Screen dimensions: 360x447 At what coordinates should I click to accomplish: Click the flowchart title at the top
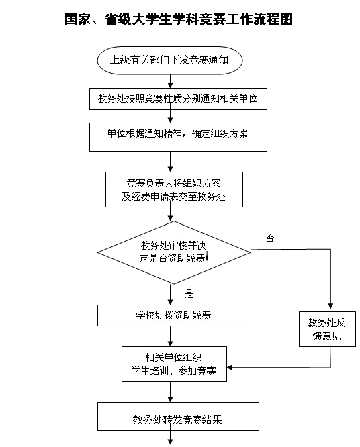point(179,19)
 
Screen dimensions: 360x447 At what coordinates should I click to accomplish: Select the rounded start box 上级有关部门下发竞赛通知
point(170,60)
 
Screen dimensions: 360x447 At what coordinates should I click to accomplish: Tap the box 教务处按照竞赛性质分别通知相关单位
point(178,99)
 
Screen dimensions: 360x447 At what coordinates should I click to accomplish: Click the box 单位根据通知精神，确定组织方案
point(178,137)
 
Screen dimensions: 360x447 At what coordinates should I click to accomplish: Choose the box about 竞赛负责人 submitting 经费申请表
point(175,189)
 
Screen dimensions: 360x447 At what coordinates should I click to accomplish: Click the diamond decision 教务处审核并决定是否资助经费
point(174,252)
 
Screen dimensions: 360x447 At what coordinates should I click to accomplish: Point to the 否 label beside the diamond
point(269,238)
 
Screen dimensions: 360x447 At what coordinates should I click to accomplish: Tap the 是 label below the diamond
point(189,293)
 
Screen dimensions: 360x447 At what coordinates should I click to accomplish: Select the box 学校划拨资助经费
point(175,315)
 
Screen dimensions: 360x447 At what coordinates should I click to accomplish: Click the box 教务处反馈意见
point(327,330)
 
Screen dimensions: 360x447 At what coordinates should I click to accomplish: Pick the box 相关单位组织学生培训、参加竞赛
point(175,364)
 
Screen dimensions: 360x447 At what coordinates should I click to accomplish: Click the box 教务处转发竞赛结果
point(178,417)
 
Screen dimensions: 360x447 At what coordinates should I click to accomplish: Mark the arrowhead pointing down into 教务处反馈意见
point(330,306)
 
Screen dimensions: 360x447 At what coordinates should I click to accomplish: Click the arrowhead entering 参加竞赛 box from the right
point(229,367)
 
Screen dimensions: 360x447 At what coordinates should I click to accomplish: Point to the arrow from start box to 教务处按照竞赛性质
point(171,81)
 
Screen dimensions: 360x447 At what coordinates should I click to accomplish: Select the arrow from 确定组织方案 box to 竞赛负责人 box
point(171,162)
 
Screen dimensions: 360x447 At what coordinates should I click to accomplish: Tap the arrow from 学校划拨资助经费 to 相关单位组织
point(171,336)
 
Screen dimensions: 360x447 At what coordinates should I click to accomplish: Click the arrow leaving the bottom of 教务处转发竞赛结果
point(171,438)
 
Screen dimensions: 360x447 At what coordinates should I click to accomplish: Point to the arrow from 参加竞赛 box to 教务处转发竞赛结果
point(171,392)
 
